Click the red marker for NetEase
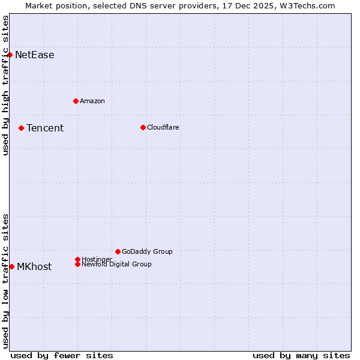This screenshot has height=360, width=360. (10, 55)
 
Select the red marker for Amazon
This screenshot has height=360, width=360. (76, 101)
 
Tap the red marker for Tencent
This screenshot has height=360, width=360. (21, 128)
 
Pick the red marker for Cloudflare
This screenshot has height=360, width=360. (143, 127)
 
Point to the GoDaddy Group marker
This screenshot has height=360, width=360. (118, 251)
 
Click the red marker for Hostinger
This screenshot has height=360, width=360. (77, 259)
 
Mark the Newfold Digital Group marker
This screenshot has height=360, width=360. (77, 264)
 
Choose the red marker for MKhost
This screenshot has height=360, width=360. (11, 266)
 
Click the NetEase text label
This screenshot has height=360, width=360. (35, 55)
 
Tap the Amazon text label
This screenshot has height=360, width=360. (92, 101)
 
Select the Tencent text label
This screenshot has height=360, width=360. (45, 128)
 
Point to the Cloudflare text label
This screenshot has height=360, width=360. (163, 127)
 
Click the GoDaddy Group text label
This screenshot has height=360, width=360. (147, 251)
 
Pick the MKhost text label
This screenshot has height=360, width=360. (34, 267)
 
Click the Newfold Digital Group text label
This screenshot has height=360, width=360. (116, 264)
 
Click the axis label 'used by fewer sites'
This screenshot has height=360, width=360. (62, 355)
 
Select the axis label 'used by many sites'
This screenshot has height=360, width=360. (301, 355)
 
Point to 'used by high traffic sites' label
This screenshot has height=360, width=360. (6, 85)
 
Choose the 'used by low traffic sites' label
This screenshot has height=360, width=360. (6, 281)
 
